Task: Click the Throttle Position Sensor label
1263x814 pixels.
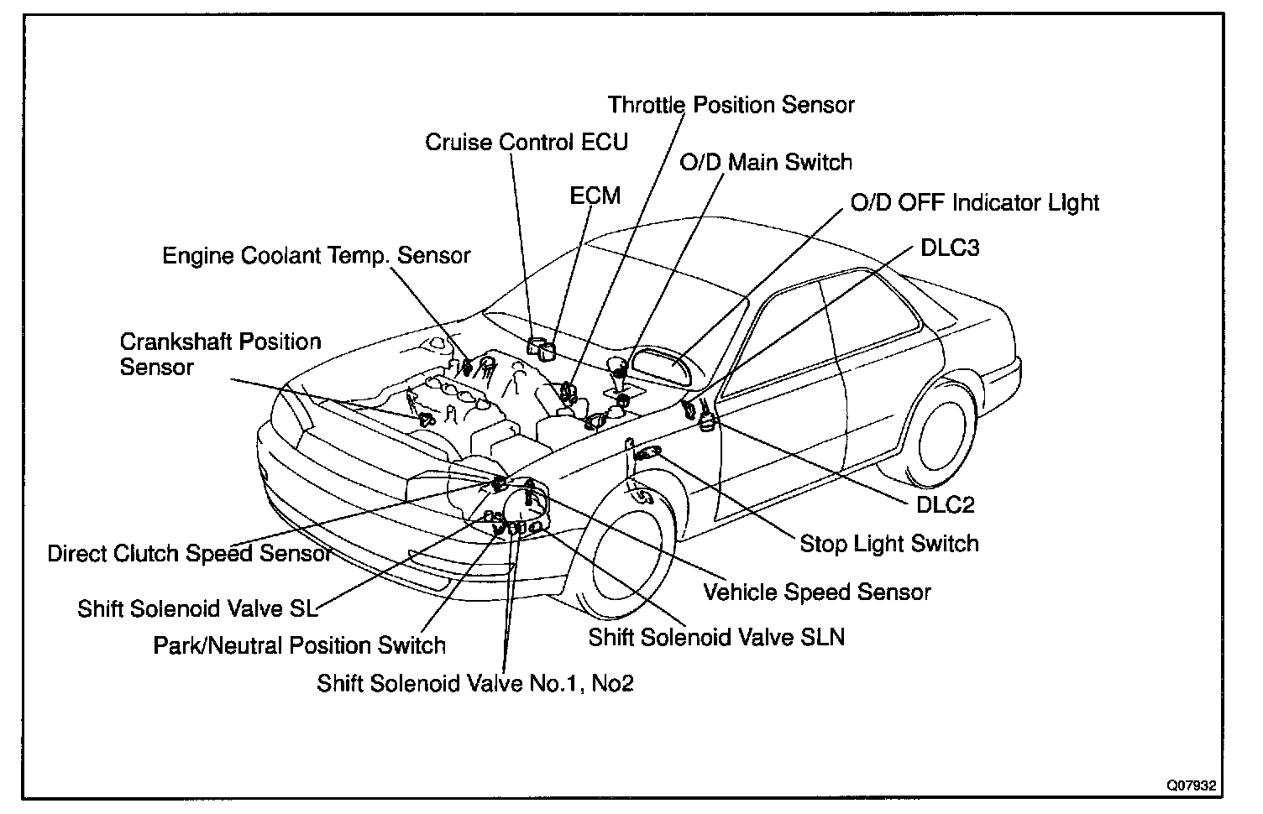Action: pyautogui.click(x=731, y=105)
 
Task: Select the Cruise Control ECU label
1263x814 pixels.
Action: pyautogui.click(x=527, y=142)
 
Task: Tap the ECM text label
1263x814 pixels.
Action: pyautogui.click(x=595, y=196)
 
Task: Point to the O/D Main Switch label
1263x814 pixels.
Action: pyautogui.click(x=766, y=162)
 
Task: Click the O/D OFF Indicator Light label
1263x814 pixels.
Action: pyautogui.click(x=975, y=202)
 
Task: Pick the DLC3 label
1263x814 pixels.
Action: pyautogui.click(x=950, y=248)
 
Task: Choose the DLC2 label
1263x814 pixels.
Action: pyautogui.click(x=945, y=504)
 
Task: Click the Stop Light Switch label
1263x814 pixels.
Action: pyautogui.click(x=889, y=544)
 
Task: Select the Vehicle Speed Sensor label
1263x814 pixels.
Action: pyautogui.click(x=817, y=592)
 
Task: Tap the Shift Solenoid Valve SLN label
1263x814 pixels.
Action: pyautogui.click(x=716, y=637)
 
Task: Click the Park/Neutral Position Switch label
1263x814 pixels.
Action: pyautogui.click(x=299, y=645)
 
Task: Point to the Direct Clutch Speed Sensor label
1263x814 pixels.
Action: pyautogui.click(x=190, y=554)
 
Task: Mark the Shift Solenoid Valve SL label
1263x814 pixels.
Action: pyautogui.click(x=198, y=608)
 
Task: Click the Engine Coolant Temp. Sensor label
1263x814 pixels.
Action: pyautogui.click(x=317, y=255)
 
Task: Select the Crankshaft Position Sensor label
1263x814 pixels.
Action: pyautogui.click(x=220, y=354)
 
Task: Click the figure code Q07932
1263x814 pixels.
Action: pyautogui.click(x=1190, y=786)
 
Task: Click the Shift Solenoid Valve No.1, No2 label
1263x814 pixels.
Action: pyautogui.click(x=475, y=683)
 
